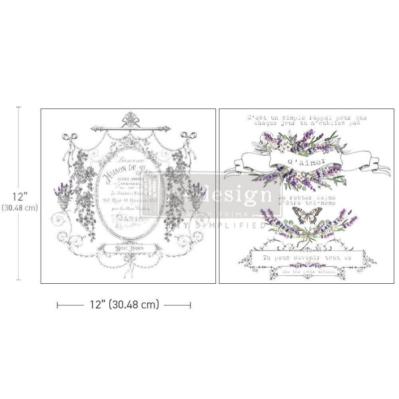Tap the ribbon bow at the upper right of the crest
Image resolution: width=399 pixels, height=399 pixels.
[191, 137]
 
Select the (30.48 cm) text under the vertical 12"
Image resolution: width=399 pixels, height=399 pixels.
[19, 194]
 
